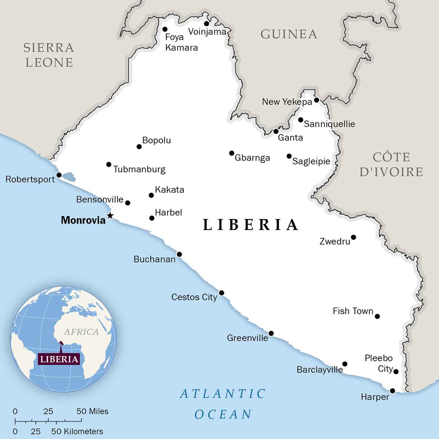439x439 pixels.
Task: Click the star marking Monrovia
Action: (x=110, y=215)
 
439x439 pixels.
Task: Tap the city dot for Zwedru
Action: (x=353, y=237)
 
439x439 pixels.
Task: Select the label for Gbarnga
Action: (x=252, y=158)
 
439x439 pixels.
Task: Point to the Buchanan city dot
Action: (x=179, y=254)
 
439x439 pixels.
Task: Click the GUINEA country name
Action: (x=289, y=34)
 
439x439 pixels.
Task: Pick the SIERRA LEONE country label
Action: (x=49, y=55)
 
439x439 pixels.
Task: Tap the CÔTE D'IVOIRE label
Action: (x=391, y=164)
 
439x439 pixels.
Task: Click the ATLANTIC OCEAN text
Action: (x=223, y=404)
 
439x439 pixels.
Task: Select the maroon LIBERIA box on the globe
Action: (x=59, y=359)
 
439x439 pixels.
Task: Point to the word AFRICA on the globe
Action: (x=81, y=332)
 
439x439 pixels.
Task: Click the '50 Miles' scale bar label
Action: (x=93, y=411)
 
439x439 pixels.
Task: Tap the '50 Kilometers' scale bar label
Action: (x=77, y=431)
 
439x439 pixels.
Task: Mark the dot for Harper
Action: (x=393, y=391)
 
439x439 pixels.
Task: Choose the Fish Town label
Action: (x=353, y=311)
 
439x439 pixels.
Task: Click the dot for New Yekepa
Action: (x=316, y=100)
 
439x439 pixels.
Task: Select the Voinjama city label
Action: (x=207, y=31)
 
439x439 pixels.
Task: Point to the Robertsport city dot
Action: (x=59, y=175)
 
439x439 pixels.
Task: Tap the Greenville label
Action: (x=247, y=338)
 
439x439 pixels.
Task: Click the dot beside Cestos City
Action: (x=221, y=293)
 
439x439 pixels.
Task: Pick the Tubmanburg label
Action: (x=139, y=169)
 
